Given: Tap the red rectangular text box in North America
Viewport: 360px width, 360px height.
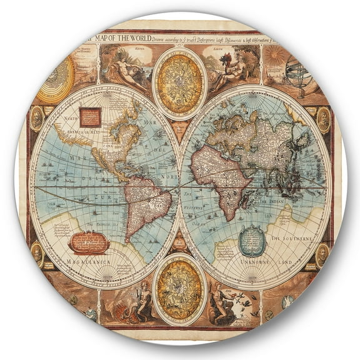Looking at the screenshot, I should [x=89, y=117].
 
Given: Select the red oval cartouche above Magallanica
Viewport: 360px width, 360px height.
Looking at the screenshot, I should [x=89, y=242].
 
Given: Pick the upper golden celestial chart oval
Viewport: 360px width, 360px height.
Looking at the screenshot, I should [x=179, y=82].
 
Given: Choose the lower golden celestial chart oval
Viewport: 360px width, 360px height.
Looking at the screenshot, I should [x=179, y=288].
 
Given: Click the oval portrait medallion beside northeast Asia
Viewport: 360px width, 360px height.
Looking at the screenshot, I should [x=323, y=119].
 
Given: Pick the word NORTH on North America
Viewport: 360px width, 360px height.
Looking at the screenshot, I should [x=71, y=117].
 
